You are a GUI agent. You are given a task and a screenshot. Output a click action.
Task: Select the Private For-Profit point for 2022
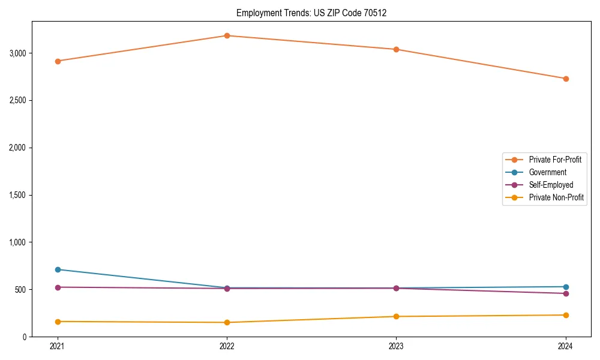(227, 35)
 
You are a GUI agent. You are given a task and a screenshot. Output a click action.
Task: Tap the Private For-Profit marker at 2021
(58, 61)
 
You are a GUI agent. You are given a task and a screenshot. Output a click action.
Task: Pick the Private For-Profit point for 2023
(396, 49)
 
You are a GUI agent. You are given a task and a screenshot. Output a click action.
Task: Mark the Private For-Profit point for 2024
(566, 79)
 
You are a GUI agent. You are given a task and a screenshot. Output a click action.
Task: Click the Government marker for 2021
(58, 269)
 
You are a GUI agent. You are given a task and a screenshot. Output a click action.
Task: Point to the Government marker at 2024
(566, 287)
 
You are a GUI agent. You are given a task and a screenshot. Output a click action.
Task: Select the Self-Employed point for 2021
(58, 287)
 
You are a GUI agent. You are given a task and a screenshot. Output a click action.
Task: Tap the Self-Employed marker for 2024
(566, 293)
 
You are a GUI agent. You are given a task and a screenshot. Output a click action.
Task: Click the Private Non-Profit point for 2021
(58, 322)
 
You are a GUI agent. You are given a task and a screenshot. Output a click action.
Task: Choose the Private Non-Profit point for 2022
(227, 323)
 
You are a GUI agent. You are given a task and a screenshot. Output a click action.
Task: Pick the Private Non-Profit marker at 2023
(396, 316)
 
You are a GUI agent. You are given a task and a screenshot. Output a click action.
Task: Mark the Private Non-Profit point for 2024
(566, 315)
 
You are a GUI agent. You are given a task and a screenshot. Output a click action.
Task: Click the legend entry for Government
(547, 172)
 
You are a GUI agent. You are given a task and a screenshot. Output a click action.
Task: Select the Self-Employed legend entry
(551, 185)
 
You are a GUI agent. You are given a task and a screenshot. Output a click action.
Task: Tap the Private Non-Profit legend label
(556, 197)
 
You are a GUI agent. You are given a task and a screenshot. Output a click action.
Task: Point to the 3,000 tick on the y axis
(18, 53)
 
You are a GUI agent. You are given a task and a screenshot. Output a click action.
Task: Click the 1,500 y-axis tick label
(18, 195)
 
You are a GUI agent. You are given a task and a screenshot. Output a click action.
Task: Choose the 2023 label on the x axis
(396, 346)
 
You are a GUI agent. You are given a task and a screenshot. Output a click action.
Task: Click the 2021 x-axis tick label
(58, 346)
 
